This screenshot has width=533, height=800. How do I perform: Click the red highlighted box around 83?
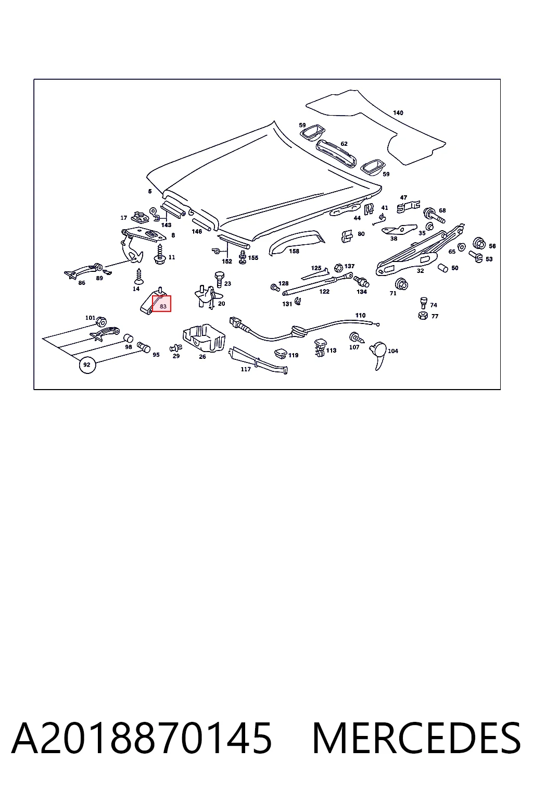coord(161,303)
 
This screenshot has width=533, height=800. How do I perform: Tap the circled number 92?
coord(87,365)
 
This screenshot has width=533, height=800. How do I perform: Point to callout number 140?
coord(398,113)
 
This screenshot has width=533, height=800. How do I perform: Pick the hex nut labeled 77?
coord(423,315)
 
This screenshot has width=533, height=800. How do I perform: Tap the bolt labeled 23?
coord(219,279)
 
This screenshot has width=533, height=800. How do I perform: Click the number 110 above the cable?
coord(360,315)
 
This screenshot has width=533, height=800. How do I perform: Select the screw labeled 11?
coord(160,255)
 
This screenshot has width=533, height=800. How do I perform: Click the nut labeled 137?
coord(338,268)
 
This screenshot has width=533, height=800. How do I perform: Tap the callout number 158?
coord(294,251)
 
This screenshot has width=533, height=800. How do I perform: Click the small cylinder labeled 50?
coord(443,268)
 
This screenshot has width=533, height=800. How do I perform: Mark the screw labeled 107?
coord(356,337)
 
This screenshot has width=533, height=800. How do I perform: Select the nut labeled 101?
coord(101,321)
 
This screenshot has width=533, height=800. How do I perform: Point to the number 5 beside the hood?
coord(150,192)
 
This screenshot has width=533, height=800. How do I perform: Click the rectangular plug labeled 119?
coord(281,354)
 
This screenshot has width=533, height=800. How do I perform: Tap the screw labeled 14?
coord(138,277)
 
